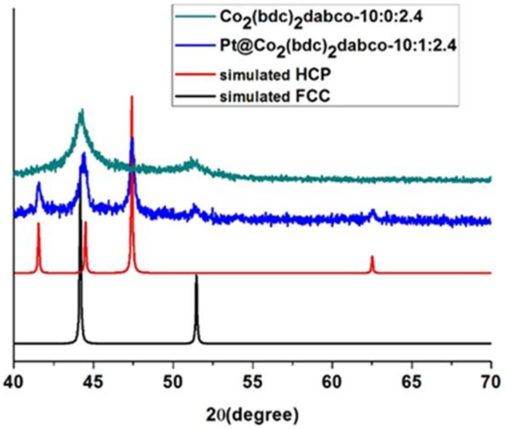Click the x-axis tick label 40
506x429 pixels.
point(13,382)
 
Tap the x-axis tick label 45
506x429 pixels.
point(93,382)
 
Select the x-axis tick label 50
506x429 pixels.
point(173,382)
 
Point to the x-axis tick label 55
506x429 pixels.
point(253,382)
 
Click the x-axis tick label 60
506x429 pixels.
point(332,382)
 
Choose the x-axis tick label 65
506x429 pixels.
point(412,382)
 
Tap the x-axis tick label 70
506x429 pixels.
point(490,382)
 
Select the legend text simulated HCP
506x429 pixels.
point(275,75)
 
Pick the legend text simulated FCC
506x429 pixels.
point(275,96)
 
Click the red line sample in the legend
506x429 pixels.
point(195,75)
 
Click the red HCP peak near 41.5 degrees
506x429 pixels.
point(39,224)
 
